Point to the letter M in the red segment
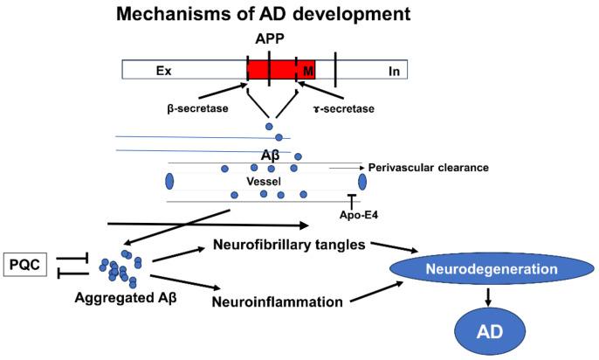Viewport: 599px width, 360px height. tap(306, 70)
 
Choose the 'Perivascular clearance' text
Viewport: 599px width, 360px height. tap(428, 167)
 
